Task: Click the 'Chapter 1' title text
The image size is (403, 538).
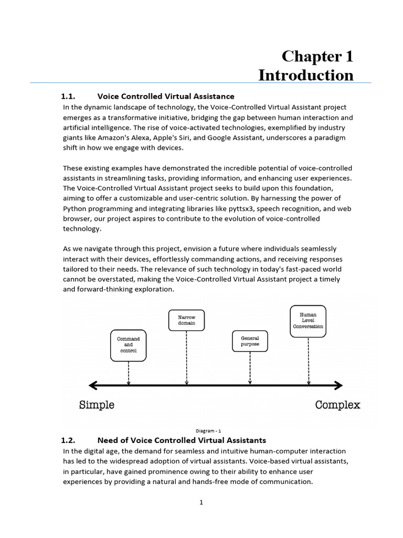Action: [x=317, y=56]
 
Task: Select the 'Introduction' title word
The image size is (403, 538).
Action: [x=306, y=75]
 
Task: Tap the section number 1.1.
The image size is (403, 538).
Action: [x=69, y=96]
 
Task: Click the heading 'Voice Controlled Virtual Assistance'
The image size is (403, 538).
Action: [x=166, y=96]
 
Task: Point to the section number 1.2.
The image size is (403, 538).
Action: [x=69, y=440]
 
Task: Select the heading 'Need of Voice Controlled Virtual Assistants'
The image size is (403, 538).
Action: [x=182, y=440]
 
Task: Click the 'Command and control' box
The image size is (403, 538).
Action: [x=128, y=345]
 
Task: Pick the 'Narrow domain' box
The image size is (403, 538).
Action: [x=186, y=320]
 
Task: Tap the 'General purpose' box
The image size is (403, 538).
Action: [x=250, y=341]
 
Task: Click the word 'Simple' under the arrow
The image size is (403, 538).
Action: [x=97, y=405]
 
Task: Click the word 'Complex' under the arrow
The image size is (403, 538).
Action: [x=337, y=405]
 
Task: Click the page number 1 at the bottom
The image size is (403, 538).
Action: [x=201, y=502]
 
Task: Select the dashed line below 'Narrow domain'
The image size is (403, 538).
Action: [x=186, y=357]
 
